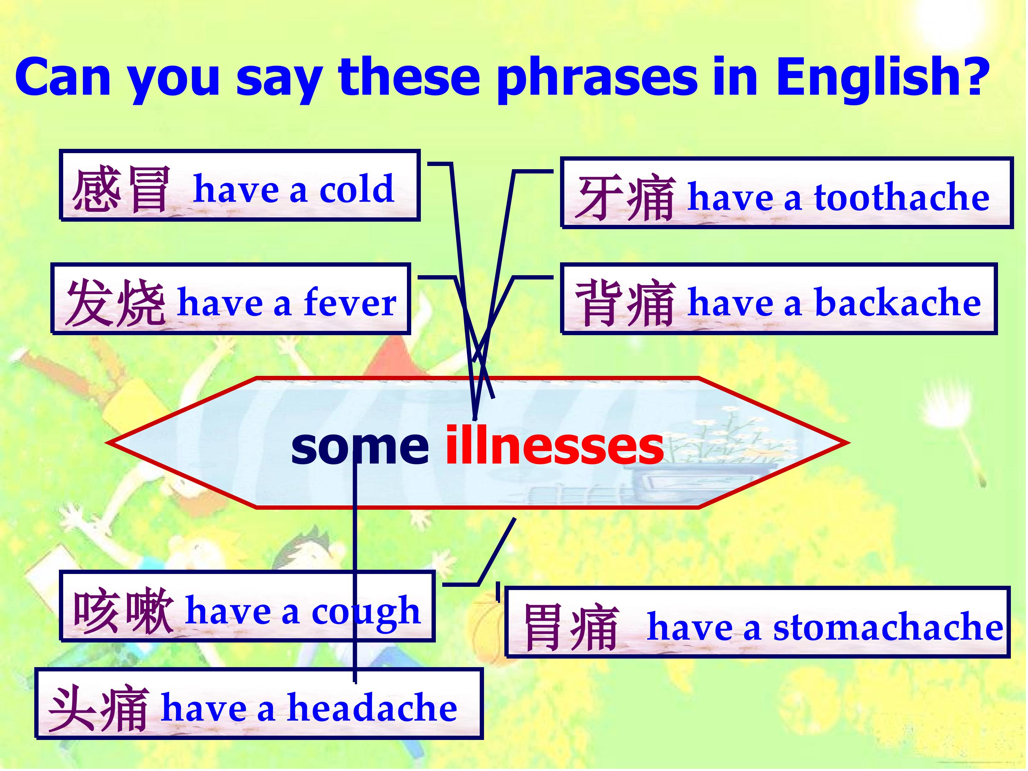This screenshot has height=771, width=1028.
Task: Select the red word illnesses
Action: point(554,446)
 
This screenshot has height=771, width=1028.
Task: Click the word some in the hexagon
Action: point(360,447)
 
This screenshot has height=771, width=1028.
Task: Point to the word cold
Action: point(357,188)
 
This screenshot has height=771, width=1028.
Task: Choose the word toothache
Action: point(902,196)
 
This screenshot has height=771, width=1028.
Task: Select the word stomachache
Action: point(888,626)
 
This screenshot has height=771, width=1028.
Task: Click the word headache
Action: point(372,707)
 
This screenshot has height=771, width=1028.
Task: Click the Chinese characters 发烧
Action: point(115,302)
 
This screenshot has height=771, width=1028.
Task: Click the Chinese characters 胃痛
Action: point(571,628)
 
